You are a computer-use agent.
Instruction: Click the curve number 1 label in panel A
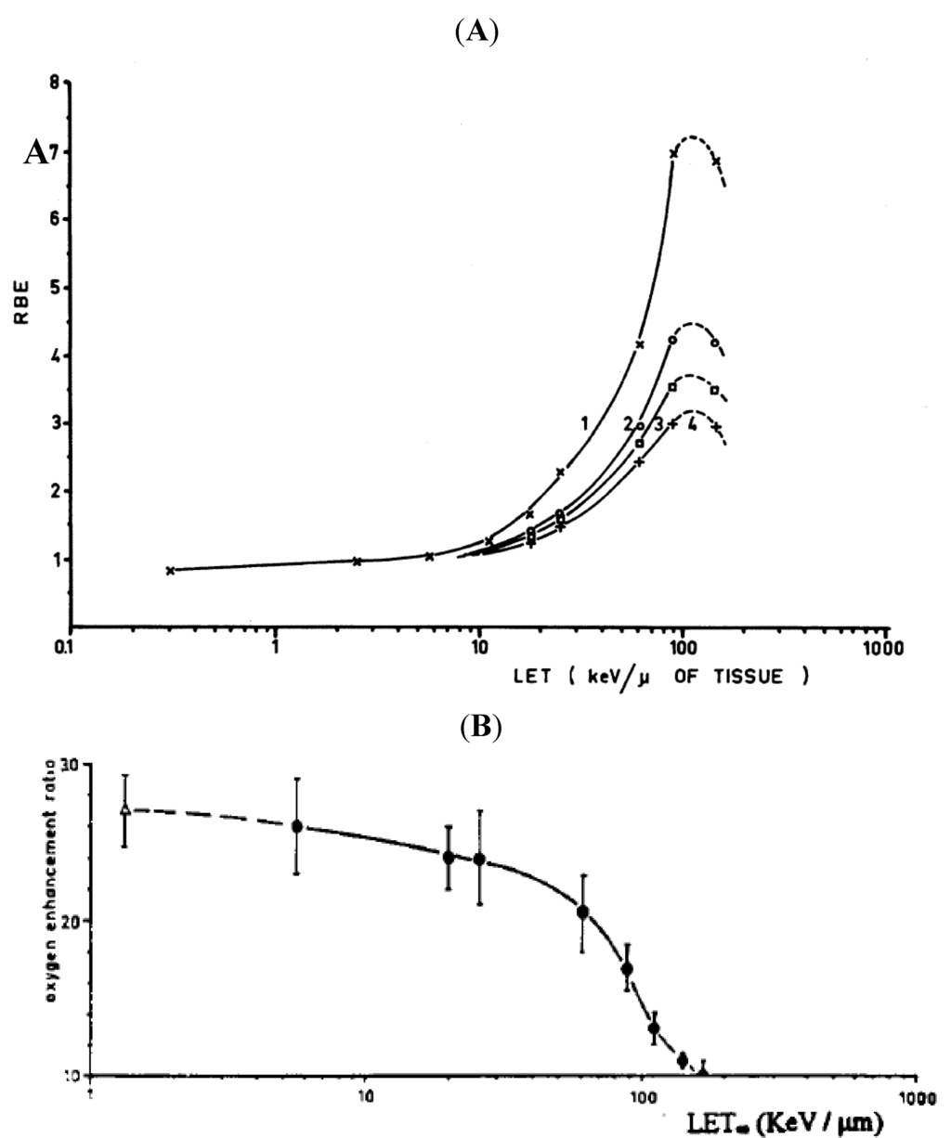(x=585, y=423)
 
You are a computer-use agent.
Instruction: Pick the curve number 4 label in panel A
(x=692, y=425)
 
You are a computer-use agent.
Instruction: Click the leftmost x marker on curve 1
(x=170, y=570)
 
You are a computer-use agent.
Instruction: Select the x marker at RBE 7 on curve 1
(x=673, y=153)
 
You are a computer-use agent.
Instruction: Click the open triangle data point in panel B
(x=124, y=810)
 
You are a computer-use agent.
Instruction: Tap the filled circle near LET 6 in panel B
(x=297, y=826)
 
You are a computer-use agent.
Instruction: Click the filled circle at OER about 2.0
(x=583, y=912)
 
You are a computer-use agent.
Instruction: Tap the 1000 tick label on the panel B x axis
(x=916, y=1092)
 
